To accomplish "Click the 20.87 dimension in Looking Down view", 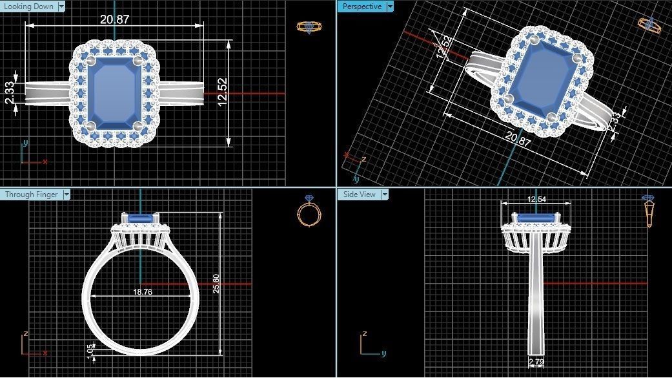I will pos(114,19).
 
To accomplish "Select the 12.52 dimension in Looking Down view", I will pos(223,94).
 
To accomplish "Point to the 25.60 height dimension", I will pos(216,284).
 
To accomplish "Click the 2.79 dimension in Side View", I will pos(536,362).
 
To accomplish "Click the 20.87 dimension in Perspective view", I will pos(518,138).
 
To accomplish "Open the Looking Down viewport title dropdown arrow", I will pos(61,6).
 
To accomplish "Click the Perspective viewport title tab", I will pos(361,6).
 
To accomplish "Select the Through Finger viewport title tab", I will pos(32,194).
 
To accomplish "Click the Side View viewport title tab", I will pos(360,194).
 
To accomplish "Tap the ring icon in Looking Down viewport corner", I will pos(307,26).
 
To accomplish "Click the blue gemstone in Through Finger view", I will pos(141,220).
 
